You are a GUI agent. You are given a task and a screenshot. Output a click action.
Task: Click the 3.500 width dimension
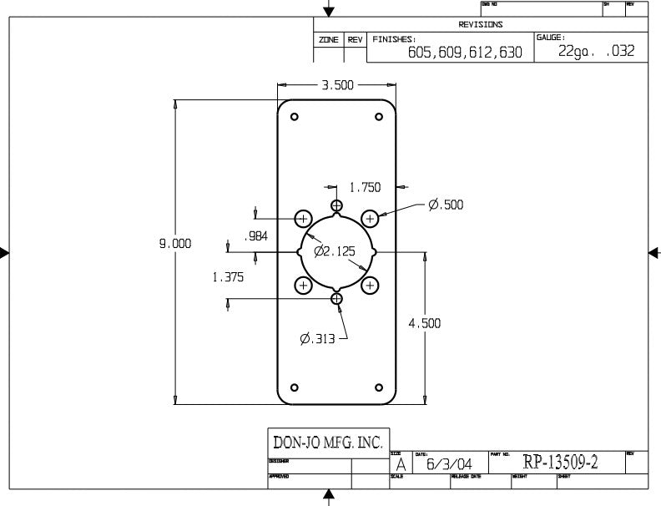337,85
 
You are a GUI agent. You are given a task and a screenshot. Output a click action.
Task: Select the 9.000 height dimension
176,243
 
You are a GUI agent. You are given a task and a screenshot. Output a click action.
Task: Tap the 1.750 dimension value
366,187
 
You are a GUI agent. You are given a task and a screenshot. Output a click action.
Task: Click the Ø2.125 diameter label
335,250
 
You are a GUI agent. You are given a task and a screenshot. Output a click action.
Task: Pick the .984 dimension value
255,236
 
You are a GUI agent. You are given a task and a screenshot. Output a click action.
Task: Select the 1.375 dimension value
229,278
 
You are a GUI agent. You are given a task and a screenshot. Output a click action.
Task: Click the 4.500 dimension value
424,323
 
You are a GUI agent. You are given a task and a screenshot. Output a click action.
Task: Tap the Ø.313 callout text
318,338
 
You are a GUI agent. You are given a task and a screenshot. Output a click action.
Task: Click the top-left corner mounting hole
295,116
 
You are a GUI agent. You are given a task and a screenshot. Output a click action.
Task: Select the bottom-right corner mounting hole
379,387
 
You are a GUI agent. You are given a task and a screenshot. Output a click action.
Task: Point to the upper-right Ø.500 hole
371,218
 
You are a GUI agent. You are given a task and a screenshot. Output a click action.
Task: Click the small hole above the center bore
336,205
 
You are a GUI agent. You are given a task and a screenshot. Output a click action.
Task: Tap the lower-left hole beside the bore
304,286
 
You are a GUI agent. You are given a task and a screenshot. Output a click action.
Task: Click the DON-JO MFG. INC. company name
322,443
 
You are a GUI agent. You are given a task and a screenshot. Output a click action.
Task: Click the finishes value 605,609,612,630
465,52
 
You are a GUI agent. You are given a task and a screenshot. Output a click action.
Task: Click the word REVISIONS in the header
481,24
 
